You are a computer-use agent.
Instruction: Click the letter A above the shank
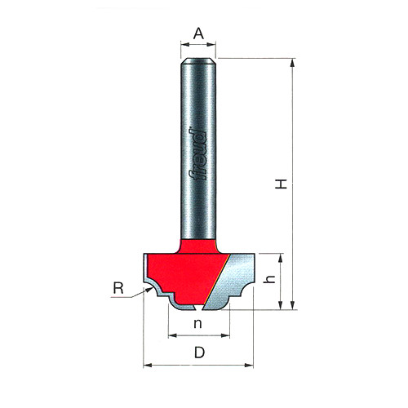(197, 33)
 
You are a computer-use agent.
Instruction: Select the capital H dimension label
(280, 184)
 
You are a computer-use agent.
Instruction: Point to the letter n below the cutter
(198, 323)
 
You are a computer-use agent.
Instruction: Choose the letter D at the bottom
(198, 353)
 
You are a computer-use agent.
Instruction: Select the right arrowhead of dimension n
(229, 335)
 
